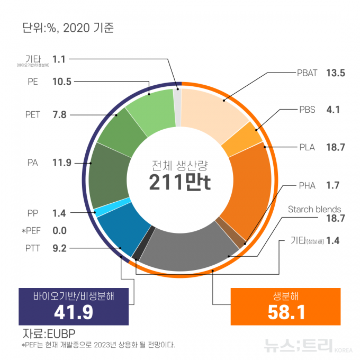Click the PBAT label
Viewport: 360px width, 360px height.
pos(306,73)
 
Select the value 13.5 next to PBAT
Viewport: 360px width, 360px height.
pos(336,73)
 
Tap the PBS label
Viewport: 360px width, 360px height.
pos(307,110)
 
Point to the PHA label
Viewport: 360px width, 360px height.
pos(307,185)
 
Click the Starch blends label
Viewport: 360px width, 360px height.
pos(314,209)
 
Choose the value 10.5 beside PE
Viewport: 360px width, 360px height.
pos(62,82)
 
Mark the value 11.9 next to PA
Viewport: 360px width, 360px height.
pos(62,163)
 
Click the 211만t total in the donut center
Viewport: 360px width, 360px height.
pos(180,183)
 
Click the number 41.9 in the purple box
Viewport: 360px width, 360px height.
pos(73,312)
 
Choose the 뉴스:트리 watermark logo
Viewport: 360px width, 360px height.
pos(302,346)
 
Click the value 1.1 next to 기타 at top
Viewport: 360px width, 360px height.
pos(59,59)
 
